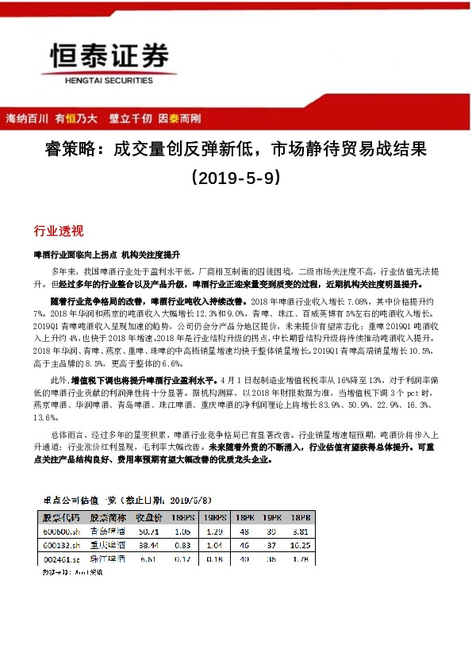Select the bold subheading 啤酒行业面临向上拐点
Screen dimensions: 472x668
click(x=73, y=256)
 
